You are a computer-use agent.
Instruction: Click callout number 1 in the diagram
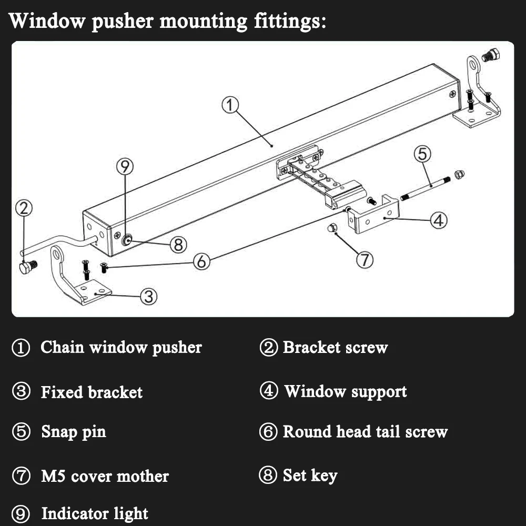(x=230, y=105)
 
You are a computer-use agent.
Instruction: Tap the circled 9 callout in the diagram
(x=125, y=167)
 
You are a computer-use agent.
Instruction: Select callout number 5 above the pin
(x=422, y=154)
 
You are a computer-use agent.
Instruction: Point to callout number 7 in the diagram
(x=365, y=259)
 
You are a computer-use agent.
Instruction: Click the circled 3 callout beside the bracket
(x=149, y=296)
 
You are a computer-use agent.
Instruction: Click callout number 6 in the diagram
(x=201, y=261)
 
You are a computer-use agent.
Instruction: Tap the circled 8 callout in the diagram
(x=179, y=244)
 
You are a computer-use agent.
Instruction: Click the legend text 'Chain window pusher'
(x=121, y=348)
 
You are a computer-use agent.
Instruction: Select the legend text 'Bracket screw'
(x=335, y=348)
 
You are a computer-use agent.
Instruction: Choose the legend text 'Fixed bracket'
(x=92, y=392)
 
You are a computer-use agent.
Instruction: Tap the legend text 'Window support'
(x=346, y=392)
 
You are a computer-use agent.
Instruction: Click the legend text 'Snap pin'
(x=74, y=432)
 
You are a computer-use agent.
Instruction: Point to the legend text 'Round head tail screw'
(x=365, y=432)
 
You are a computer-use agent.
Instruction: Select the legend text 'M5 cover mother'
(x=105, y=477)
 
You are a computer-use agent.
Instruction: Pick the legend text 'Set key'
(x=310, y=476)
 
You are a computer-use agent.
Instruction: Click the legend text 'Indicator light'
(x=95, y=513)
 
